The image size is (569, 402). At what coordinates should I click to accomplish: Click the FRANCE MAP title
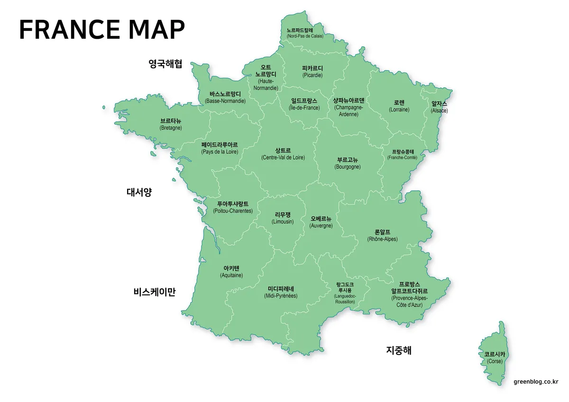[x=101, y=29]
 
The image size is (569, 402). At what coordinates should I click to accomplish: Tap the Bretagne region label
[x=171, y=124]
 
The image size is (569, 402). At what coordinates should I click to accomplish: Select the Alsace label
[x=439, y=107]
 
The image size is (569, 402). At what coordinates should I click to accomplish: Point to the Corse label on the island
[x=495, y=357]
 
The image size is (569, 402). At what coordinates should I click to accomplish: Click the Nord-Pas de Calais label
[x=305, y=33]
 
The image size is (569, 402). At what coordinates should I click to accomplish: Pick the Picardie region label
[x=312, y=71]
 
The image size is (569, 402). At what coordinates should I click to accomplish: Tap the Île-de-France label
[x=304, y=104]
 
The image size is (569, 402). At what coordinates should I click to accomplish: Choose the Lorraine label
[x=399, y=106]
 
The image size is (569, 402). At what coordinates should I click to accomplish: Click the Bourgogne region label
[x=348, y=163]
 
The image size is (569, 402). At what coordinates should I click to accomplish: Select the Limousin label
[x=283, y=218]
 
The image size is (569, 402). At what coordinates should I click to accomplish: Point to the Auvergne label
[x=321, y=222]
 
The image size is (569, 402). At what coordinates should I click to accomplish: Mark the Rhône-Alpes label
[x=382, y=235]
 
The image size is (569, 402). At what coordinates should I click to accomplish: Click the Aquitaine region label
[x=231, y=271]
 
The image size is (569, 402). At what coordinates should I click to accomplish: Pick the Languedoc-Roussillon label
[x=345, y=293]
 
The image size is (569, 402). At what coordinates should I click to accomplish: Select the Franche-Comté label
[x=402, y=154]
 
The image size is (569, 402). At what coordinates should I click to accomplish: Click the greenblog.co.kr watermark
[x=536, y=381]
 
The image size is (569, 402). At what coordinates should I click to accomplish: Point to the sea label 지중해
[x=398, y=350]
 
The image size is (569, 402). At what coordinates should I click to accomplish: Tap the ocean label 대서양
[x=139, y=192]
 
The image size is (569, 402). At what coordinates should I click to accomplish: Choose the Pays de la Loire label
[x=220, y=148]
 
